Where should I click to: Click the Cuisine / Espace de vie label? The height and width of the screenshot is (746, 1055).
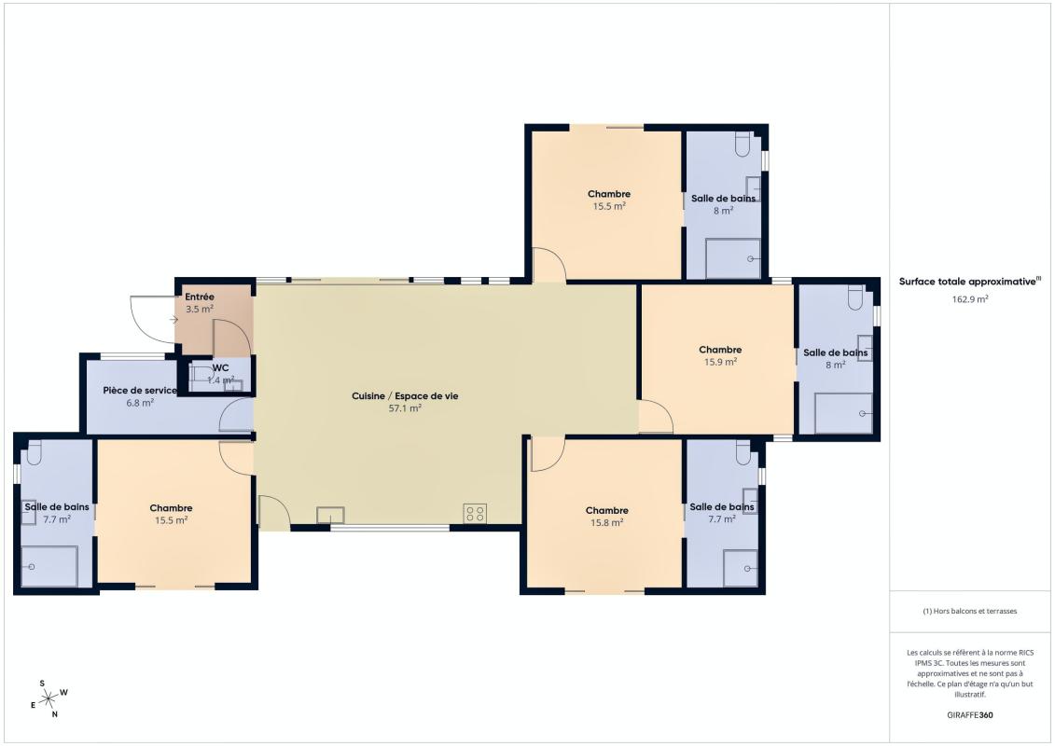[405, 395]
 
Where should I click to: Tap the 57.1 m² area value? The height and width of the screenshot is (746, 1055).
[405, 408]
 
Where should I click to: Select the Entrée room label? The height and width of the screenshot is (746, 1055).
[200, 297]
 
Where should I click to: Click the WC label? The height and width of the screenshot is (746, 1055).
[221, 368]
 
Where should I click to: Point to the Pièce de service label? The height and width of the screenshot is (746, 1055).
[140, 390]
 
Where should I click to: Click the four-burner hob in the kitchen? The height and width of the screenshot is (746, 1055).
[475, 514]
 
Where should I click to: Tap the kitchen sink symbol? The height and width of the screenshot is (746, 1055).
[330, 516]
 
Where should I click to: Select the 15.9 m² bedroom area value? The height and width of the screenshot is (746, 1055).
[721, 362]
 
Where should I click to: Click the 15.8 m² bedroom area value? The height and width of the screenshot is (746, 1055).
[607, 523]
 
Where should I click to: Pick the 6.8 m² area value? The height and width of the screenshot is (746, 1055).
[140, 403]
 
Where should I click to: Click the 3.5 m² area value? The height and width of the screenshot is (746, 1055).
[200, 310]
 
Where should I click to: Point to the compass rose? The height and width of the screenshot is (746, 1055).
[49, 699]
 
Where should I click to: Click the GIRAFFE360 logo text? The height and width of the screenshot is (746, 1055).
[969, 715]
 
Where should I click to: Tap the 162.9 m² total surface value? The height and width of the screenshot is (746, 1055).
[969, 299]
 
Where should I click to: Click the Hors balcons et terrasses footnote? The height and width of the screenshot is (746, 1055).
[969, 612]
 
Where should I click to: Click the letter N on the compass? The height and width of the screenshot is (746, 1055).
[54, 715]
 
